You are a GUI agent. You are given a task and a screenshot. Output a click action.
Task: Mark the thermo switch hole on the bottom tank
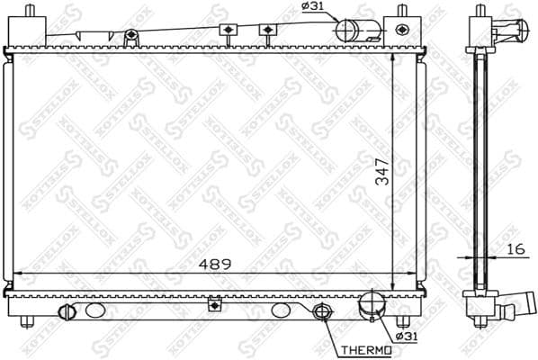pos(321,313)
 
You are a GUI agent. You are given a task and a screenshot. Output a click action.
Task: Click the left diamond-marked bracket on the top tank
pos(229,31)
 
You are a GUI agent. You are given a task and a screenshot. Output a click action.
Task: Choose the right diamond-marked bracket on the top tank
pos(266,31)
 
